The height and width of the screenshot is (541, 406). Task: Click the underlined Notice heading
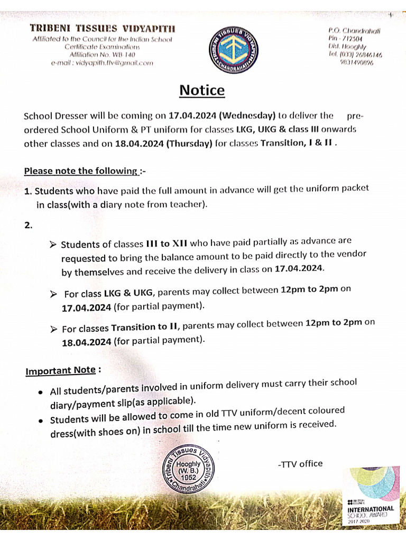(202, 90)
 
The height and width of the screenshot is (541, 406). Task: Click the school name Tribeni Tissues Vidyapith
(103, 27)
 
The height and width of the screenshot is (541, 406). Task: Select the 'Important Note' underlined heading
(60, 371)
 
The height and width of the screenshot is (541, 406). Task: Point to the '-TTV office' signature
(300, 463)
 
